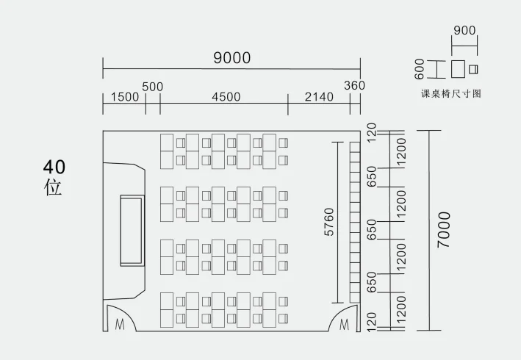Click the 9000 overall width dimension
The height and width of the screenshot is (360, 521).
[x=231, y=58]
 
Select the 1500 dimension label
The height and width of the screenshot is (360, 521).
[x=124, y=97]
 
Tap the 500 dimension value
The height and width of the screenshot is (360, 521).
[x=152, y=87]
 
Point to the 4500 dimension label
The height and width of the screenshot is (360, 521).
[x=226, y=97]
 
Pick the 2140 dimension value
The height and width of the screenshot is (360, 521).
[x=318, y=97]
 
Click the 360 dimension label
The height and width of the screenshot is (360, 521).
[x=354, y=86]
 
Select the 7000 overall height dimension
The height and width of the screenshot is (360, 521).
[x=444, y=230]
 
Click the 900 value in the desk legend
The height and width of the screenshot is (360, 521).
[x=464, y=31]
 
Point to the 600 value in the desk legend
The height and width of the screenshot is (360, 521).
[x=420, y=69]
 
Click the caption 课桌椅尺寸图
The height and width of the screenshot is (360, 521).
[x=450, y=93]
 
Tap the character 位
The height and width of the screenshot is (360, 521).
[x=53, y=187]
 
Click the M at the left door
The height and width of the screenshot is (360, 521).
[x=119, y=324]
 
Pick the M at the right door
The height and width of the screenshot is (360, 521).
[x=344, y=324]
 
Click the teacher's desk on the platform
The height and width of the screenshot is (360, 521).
[x=132, y=231]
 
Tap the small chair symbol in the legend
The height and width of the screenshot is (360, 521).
[x=473, y=69]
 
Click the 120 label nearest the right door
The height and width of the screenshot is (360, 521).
[x=371, y=321]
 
